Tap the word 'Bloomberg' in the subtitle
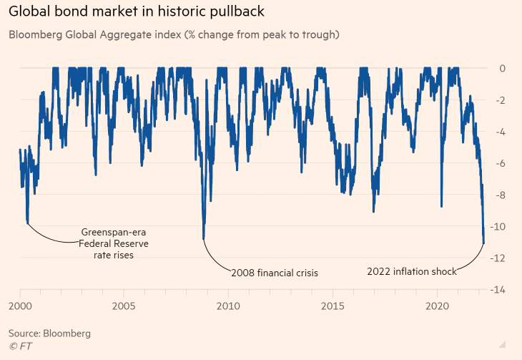click(x=34, y=34)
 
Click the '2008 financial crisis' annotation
click(x=275, y=273)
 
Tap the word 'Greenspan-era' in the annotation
click(x=114, y=233)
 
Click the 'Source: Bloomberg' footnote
click(x=49, y=334)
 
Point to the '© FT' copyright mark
click(x=21, y=346)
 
